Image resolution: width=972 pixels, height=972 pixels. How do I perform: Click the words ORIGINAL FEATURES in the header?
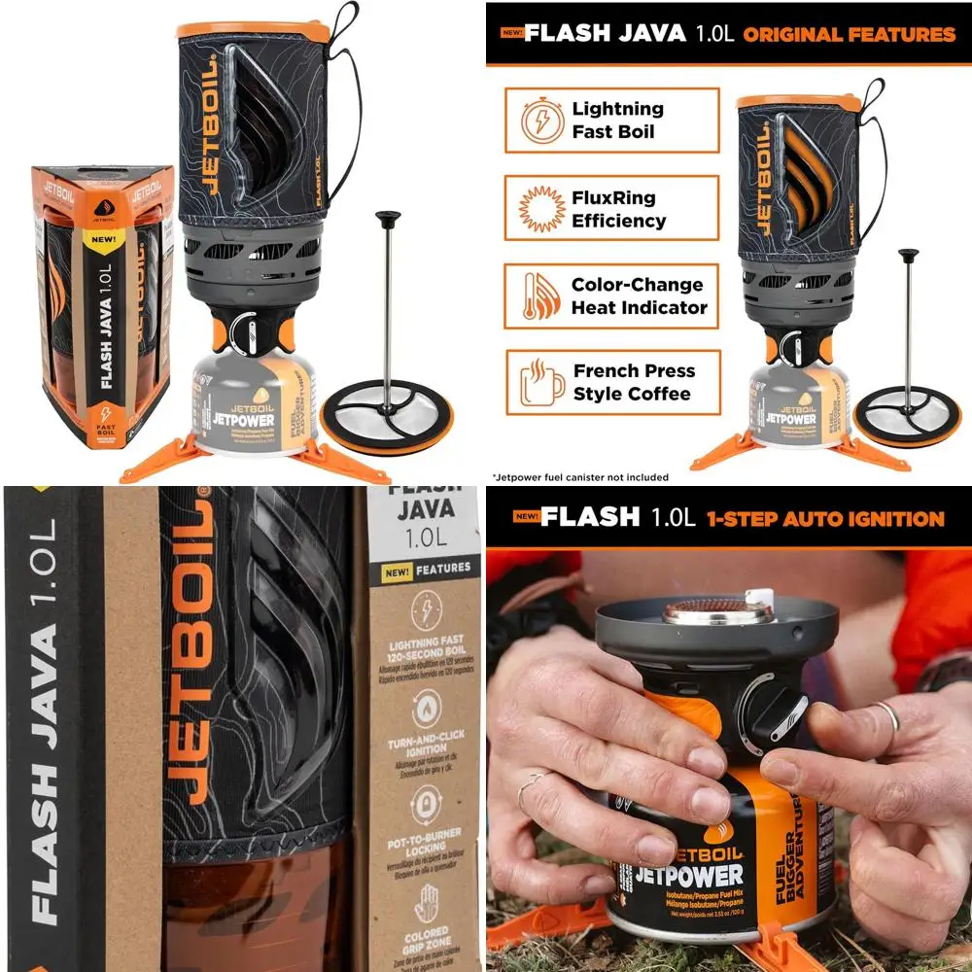coord(850,34)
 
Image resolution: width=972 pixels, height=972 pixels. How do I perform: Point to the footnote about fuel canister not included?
coord(581,477)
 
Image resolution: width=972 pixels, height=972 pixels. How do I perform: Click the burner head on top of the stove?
coord(717,613)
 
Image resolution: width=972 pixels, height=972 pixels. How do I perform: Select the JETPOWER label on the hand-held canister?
coord(687,874)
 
